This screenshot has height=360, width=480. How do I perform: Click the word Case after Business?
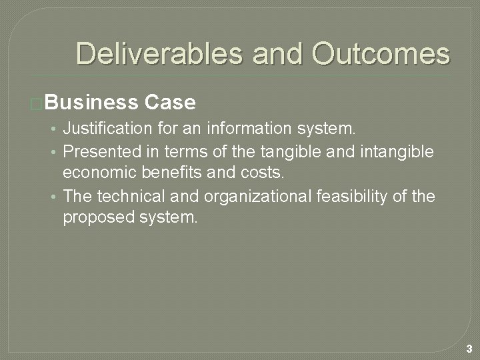tap(169, 103)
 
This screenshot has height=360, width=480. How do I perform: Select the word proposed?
tap(94, 218)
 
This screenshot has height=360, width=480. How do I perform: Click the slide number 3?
tap(469, 348)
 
